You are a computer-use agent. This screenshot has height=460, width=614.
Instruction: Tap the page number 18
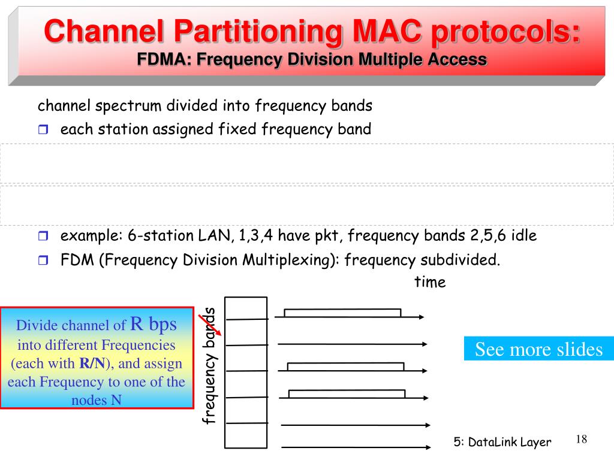click(580, 440)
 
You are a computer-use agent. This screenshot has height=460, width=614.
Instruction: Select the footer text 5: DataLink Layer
click(502, 442)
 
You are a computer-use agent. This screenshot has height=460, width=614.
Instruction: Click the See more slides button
click(538, 349)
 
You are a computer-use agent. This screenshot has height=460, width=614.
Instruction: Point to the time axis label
click(430, 282)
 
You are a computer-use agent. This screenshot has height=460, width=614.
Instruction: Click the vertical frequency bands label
click(209, 365)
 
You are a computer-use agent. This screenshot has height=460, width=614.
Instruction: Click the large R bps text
click(153, 325)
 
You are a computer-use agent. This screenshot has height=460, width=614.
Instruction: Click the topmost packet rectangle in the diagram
click(342, 313)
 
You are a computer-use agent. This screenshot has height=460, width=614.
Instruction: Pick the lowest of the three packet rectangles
click(347, 394)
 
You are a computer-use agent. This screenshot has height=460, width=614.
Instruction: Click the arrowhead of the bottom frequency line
click(428, 446)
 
